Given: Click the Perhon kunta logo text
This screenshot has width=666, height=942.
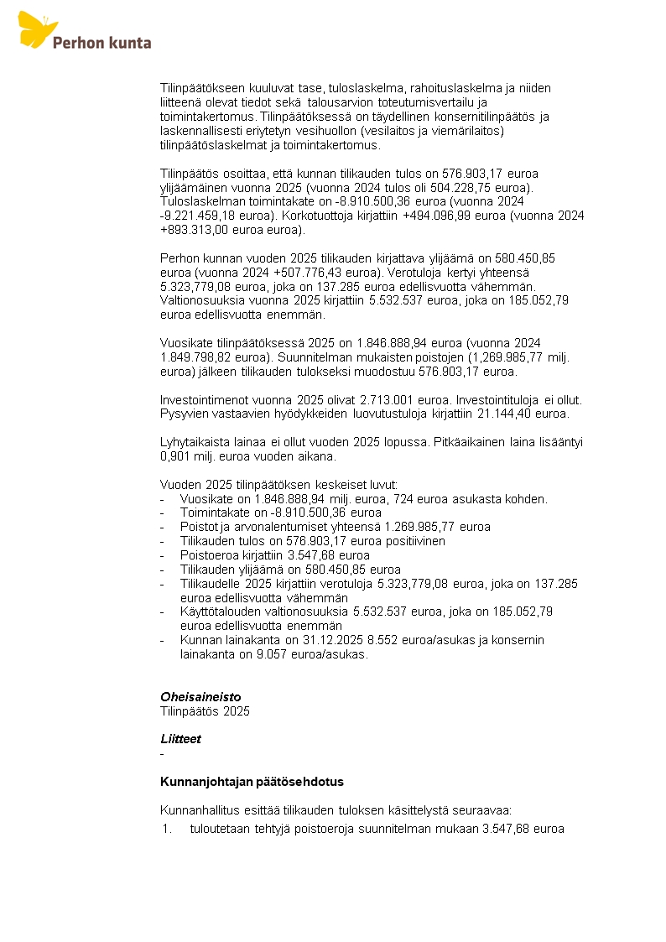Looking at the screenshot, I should click(x=101, y=41).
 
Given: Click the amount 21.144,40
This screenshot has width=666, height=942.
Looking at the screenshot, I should click(x=501, y=414).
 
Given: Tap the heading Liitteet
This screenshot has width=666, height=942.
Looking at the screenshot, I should click(x=180, y=739).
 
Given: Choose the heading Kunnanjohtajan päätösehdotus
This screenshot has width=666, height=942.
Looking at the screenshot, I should click(x=252, y=782).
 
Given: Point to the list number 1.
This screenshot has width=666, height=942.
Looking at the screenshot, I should click(x=167, y=830).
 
